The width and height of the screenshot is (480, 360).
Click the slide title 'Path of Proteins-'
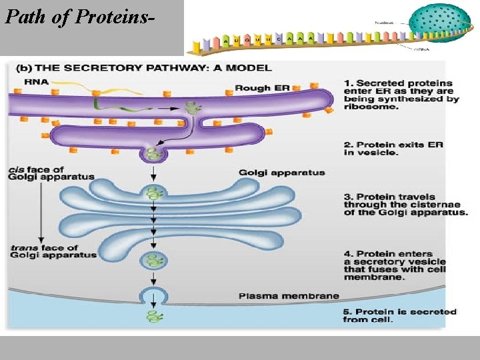[81, 17]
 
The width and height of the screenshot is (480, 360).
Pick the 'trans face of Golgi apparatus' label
[53, 251]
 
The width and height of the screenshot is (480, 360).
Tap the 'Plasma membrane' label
[289, 295]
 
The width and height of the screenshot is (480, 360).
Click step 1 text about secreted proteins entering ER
[401, 95]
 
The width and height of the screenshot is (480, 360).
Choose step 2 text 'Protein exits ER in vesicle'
[393, 149]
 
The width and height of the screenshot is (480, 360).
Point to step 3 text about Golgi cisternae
[405, 205]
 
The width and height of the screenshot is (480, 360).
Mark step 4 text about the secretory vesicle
[401, 265]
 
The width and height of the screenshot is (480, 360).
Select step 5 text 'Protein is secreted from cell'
[401, 315]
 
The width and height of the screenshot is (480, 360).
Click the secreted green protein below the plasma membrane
[155, 317]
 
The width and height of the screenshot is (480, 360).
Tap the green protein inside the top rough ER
[194, 107]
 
